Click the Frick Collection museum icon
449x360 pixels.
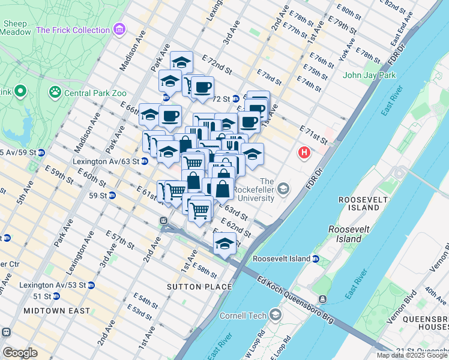tap(119, 29)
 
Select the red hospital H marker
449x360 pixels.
tap(304, 153)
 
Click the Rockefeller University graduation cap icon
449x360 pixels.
tap(283, 190)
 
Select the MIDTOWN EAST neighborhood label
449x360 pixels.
tap(56, 311)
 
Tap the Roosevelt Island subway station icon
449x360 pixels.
tap(316, 259)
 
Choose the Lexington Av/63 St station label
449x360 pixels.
tap(106, 161)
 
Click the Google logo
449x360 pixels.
tap(20, 352)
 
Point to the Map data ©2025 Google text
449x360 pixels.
tap(412, 355)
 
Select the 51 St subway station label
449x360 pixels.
tap(41, 296)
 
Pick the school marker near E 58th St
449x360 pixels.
tap(224, 244)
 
